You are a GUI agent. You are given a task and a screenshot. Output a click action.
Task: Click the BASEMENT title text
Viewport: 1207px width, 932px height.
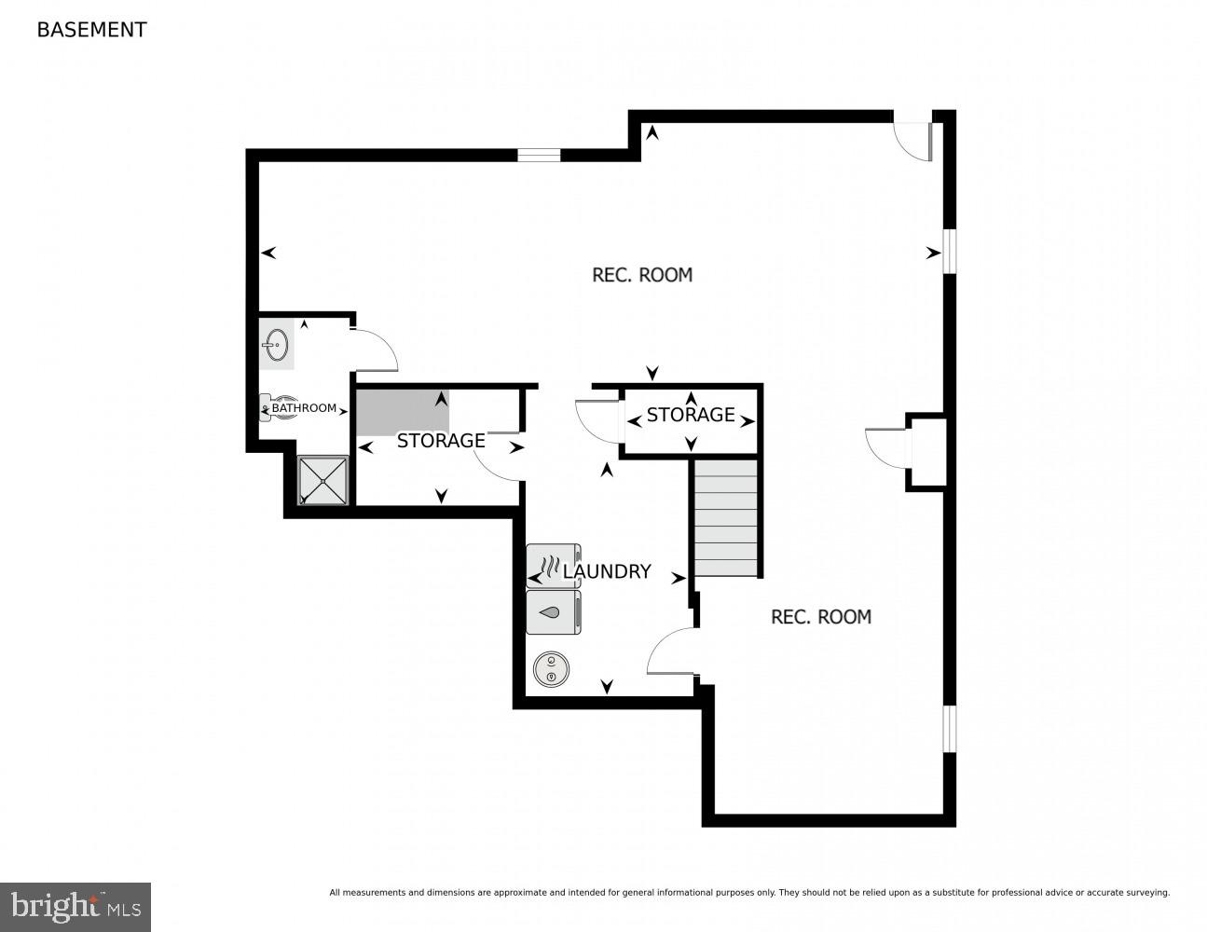click(91, 30)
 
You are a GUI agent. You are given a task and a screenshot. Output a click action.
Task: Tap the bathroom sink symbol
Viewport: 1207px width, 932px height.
click(275, 344)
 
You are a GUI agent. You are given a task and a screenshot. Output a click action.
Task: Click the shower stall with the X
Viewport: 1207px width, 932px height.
click(322, 480)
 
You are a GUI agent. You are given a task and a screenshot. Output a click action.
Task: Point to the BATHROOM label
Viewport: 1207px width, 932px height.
click(304, 408)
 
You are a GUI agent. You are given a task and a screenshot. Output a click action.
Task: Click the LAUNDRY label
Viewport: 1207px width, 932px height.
click(607, 571)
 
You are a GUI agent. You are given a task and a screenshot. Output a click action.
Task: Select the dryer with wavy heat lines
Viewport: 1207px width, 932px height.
click(553, 567)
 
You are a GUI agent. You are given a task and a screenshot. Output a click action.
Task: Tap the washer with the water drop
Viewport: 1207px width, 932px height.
click(553, 612)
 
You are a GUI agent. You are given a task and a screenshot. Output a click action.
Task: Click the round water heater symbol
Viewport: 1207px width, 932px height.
click(551, 669)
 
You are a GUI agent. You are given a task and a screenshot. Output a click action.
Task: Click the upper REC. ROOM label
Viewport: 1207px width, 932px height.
click(642, 275)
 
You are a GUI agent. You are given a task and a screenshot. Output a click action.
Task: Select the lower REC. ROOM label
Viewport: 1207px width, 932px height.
click(821, 617)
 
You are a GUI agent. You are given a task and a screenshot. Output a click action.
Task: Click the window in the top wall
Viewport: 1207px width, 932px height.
click(539, 155)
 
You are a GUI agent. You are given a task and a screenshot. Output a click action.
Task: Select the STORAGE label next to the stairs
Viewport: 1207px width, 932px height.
click(691, 415)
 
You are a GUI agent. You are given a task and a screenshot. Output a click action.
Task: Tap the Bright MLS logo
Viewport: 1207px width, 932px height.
click(75, 906)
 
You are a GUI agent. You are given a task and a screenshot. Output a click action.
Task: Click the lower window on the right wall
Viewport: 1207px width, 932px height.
click(949, 728)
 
